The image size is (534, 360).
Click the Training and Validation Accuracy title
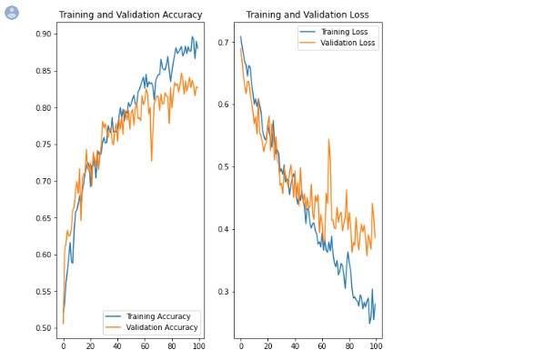[x=130, y=15]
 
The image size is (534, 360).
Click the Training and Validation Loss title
[x=307, y=15]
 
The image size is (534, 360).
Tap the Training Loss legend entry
[x=336, y=32]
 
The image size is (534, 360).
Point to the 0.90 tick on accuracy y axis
[x=44, y=35]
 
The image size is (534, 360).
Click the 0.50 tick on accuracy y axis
[x=44, y=328]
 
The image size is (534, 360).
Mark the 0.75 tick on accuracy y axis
[x=44, y=145]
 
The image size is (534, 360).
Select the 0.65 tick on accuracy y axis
[x=44, y=218]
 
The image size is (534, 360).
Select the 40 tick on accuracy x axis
[x=117, y=347]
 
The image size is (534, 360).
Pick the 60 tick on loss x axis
[x=322, y=347]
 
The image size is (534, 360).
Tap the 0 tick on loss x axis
[x=241, y=347]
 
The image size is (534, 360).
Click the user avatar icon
[x=12, y=12]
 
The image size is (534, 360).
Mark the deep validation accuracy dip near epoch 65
[x=152, y=161]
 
